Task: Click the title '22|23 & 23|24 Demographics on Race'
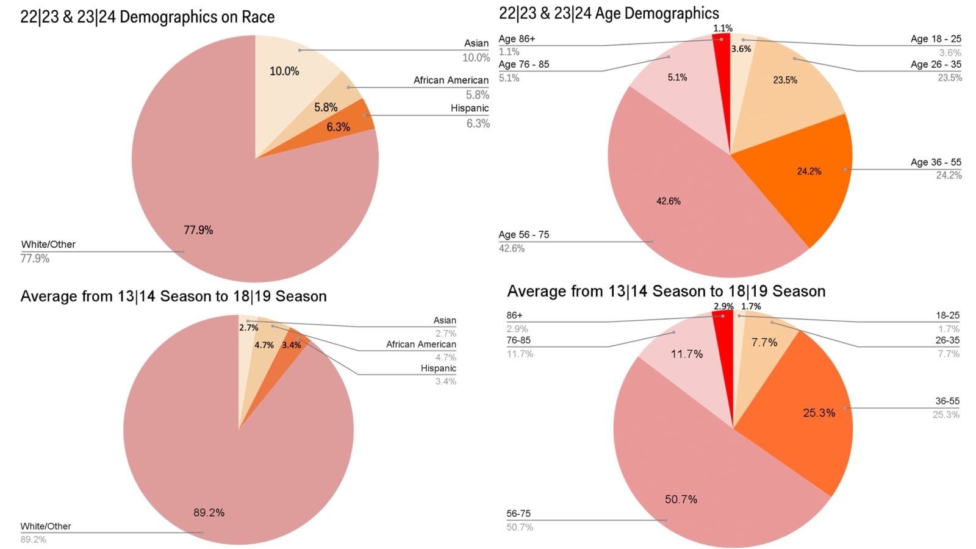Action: pos(147,17)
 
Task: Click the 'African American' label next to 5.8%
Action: pos(451,81)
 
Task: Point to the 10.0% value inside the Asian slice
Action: pos(284,71)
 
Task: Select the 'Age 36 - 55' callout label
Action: pos(935,162)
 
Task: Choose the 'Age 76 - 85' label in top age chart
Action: pos(523,65)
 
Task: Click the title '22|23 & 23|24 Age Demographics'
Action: pos(609,13)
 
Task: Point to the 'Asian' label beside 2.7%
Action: pos(445,320)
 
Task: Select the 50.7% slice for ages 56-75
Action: pos(701,488)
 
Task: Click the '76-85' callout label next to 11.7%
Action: pos(518,340)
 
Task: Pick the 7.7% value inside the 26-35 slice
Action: pos(764,343)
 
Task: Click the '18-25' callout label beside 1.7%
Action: pos(947,315)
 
